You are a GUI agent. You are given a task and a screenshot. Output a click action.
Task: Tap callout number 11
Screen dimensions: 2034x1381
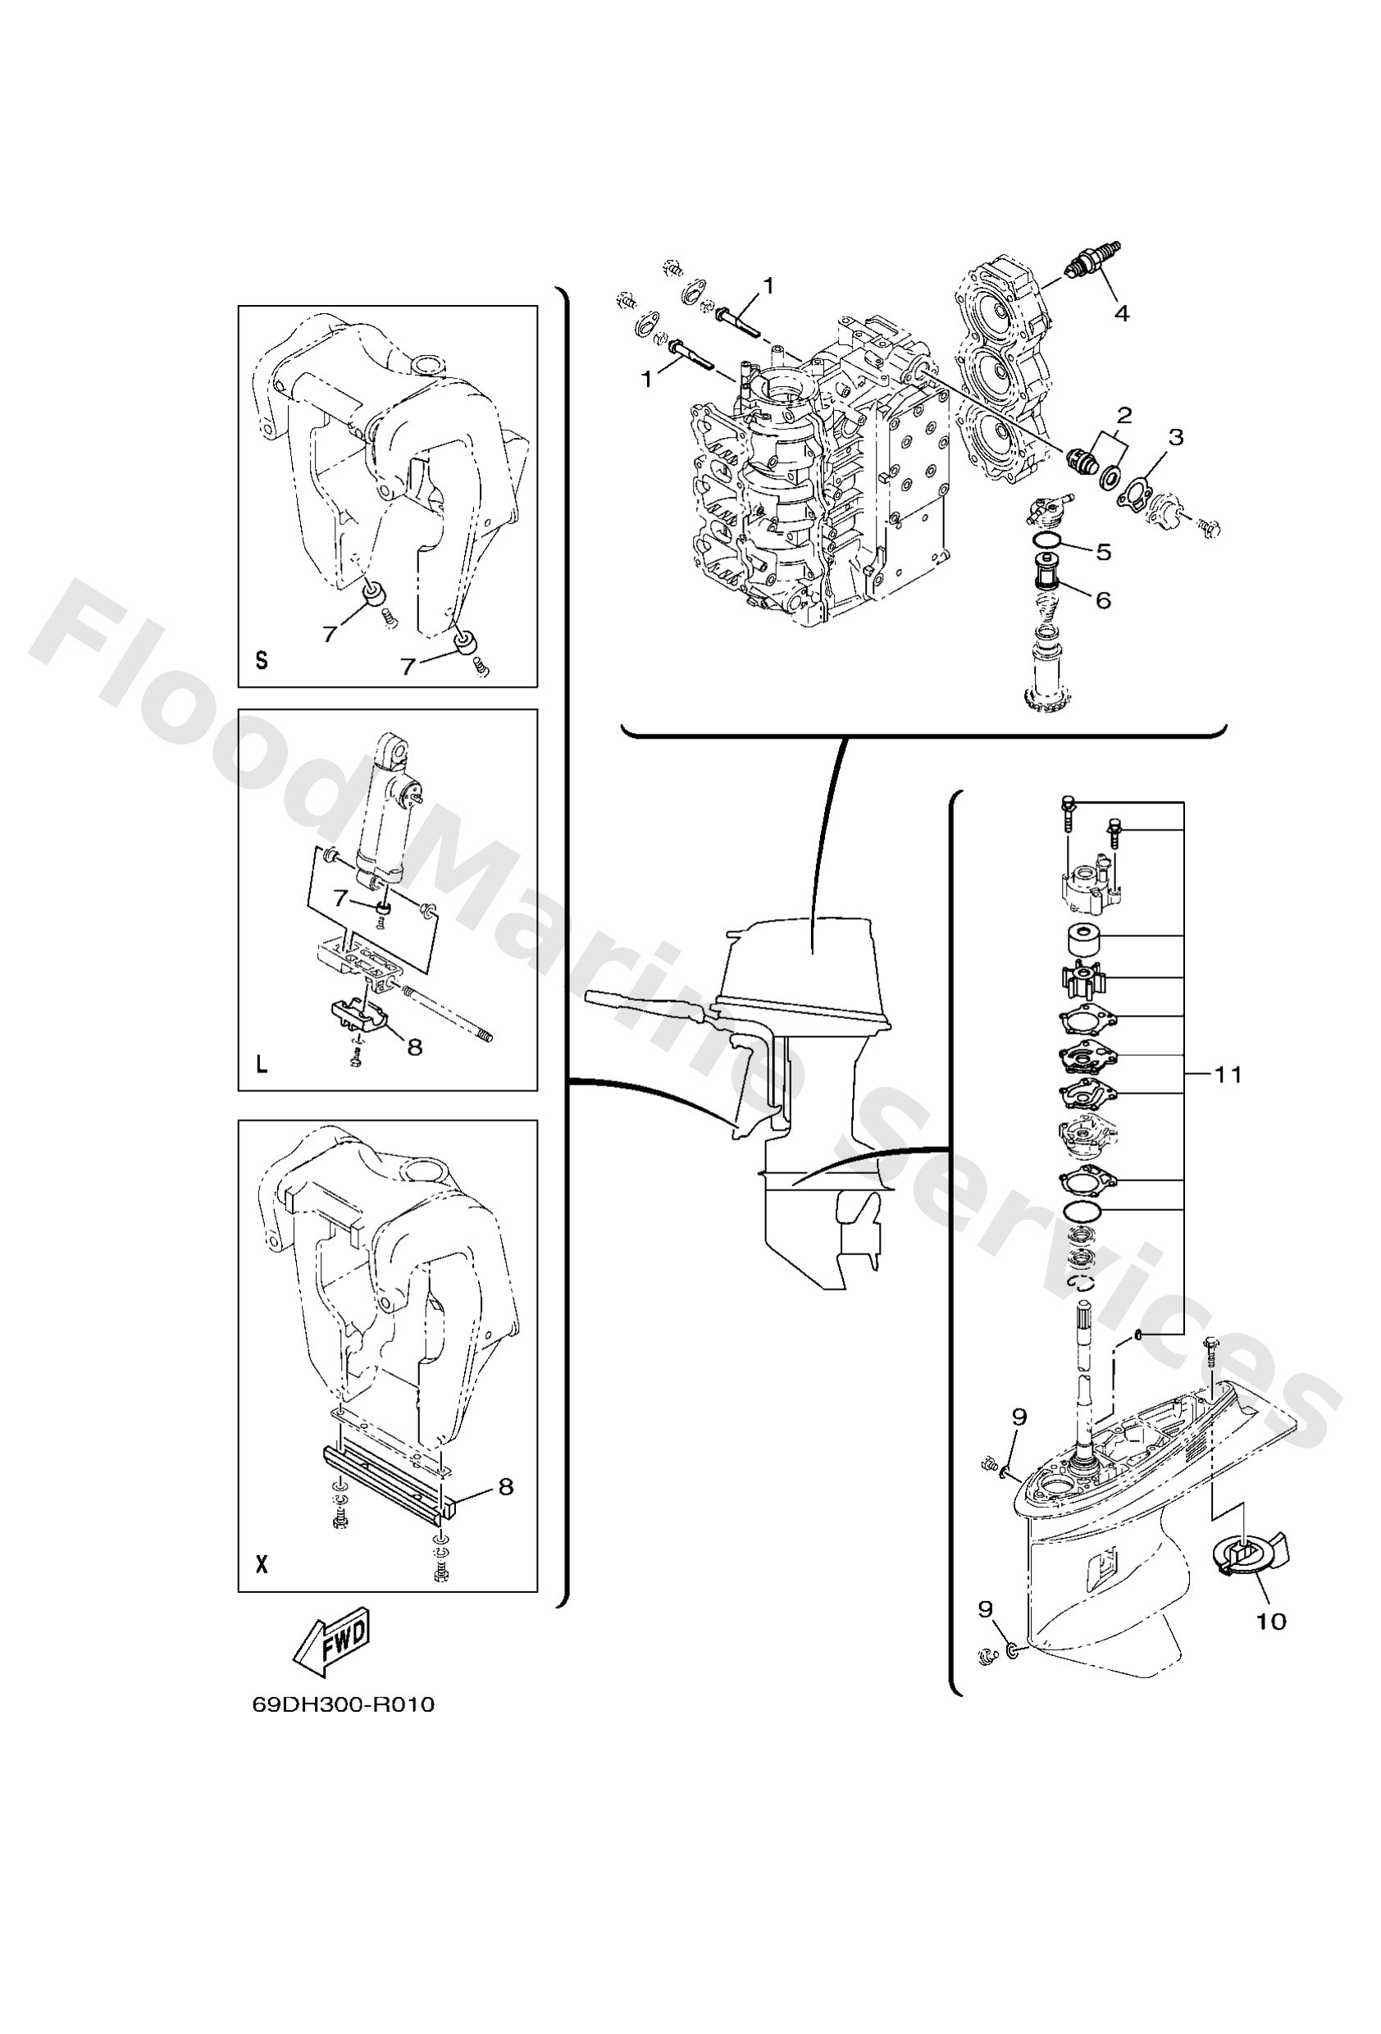(1228, 1075)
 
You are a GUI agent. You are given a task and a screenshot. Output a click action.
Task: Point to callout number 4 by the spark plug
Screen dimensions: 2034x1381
(1121, 312)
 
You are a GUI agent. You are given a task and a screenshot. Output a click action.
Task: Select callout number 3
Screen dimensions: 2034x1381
(1176, 437)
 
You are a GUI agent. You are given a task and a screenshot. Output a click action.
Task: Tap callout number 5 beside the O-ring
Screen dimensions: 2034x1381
(1103, 552)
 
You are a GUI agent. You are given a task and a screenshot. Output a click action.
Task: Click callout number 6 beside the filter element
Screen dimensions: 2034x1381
(1103, 599)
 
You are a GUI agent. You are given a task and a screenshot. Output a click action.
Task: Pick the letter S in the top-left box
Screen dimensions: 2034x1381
(261, 662)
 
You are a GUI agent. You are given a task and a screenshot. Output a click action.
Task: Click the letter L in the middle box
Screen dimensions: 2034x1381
(261, 1065)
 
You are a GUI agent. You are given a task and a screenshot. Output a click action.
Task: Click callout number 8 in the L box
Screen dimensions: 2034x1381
(414, 1047)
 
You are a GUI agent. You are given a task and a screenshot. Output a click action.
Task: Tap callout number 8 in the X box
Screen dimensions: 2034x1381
(505, 1487)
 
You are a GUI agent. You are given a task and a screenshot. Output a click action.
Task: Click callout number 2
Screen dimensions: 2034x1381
(1124, 415)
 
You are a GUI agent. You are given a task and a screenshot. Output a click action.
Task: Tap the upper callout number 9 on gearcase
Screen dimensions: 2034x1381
(1019, 1416)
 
